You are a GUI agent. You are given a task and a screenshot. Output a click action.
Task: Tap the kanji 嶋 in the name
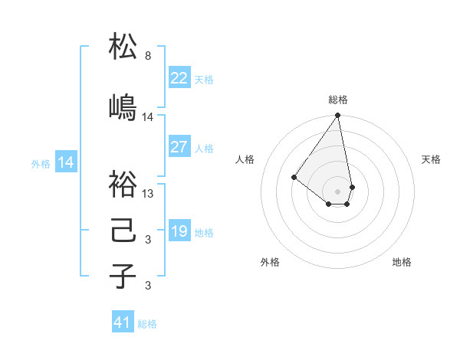[x=123, y=107]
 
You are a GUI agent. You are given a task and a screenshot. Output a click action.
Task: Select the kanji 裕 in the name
[x=123, y=184]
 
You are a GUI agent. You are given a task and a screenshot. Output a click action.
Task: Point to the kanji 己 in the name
[x=123, y=231]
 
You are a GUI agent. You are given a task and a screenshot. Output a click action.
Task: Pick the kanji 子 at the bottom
[x=123, y=277]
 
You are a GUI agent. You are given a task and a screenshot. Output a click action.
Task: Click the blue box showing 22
[x=179, y=77]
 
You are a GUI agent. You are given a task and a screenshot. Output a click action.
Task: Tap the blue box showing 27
[x=179, y=147]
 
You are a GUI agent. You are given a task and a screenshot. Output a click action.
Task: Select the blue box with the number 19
[x=179, y=231]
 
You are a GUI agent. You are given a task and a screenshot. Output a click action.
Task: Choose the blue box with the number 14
[x=66, y=162]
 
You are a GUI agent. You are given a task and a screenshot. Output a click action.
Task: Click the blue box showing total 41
[x=123, y=322]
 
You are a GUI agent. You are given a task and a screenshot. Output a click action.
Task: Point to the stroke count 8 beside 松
[x=147, y=56]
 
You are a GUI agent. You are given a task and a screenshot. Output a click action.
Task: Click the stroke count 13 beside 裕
[x=148, y=194]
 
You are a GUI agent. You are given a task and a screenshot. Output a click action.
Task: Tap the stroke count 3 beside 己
[x=147, y=241]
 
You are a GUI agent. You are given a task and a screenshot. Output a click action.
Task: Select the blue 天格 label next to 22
[x=204, y=80]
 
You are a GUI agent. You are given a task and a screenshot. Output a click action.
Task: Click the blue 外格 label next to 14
[x=41, y=164]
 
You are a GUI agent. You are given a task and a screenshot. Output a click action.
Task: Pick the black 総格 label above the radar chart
[x=337, y=100]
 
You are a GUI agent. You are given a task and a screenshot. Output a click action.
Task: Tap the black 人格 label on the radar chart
[x=245, y=159]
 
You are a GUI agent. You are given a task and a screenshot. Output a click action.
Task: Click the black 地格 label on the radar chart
[x=402, y=262]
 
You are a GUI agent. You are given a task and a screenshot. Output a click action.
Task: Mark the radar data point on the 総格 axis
[x=337, y=116]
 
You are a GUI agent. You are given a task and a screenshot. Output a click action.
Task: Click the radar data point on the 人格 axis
[x=294, y=177]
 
